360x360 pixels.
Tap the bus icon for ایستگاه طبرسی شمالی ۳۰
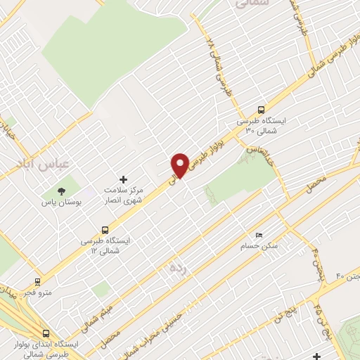[262, 110]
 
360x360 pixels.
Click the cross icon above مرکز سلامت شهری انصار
[124, 180]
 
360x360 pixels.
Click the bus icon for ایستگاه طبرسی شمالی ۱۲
[105, 229]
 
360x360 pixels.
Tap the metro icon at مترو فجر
[39, 279]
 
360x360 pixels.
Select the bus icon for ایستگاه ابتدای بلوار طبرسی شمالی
[46, 334]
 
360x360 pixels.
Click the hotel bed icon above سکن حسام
[259, 235]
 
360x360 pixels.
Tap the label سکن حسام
[260, 246]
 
